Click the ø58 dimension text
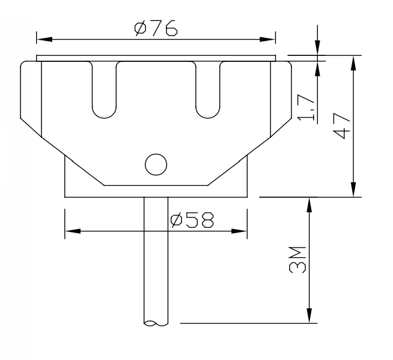(x=192, y=221)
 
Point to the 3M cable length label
(x=297, y=258)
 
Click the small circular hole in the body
(x=156, y=163)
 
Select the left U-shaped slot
(x=103, y=90)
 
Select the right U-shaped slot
(x=208, y=90)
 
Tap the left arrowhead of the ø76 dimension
(x=42, y=40)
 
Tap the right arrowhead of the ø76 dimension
(x=270, y=40)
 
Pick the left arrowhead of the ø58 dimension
(x=70, y=231)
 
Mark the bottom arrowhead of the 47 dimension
(x=353, y=190)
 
